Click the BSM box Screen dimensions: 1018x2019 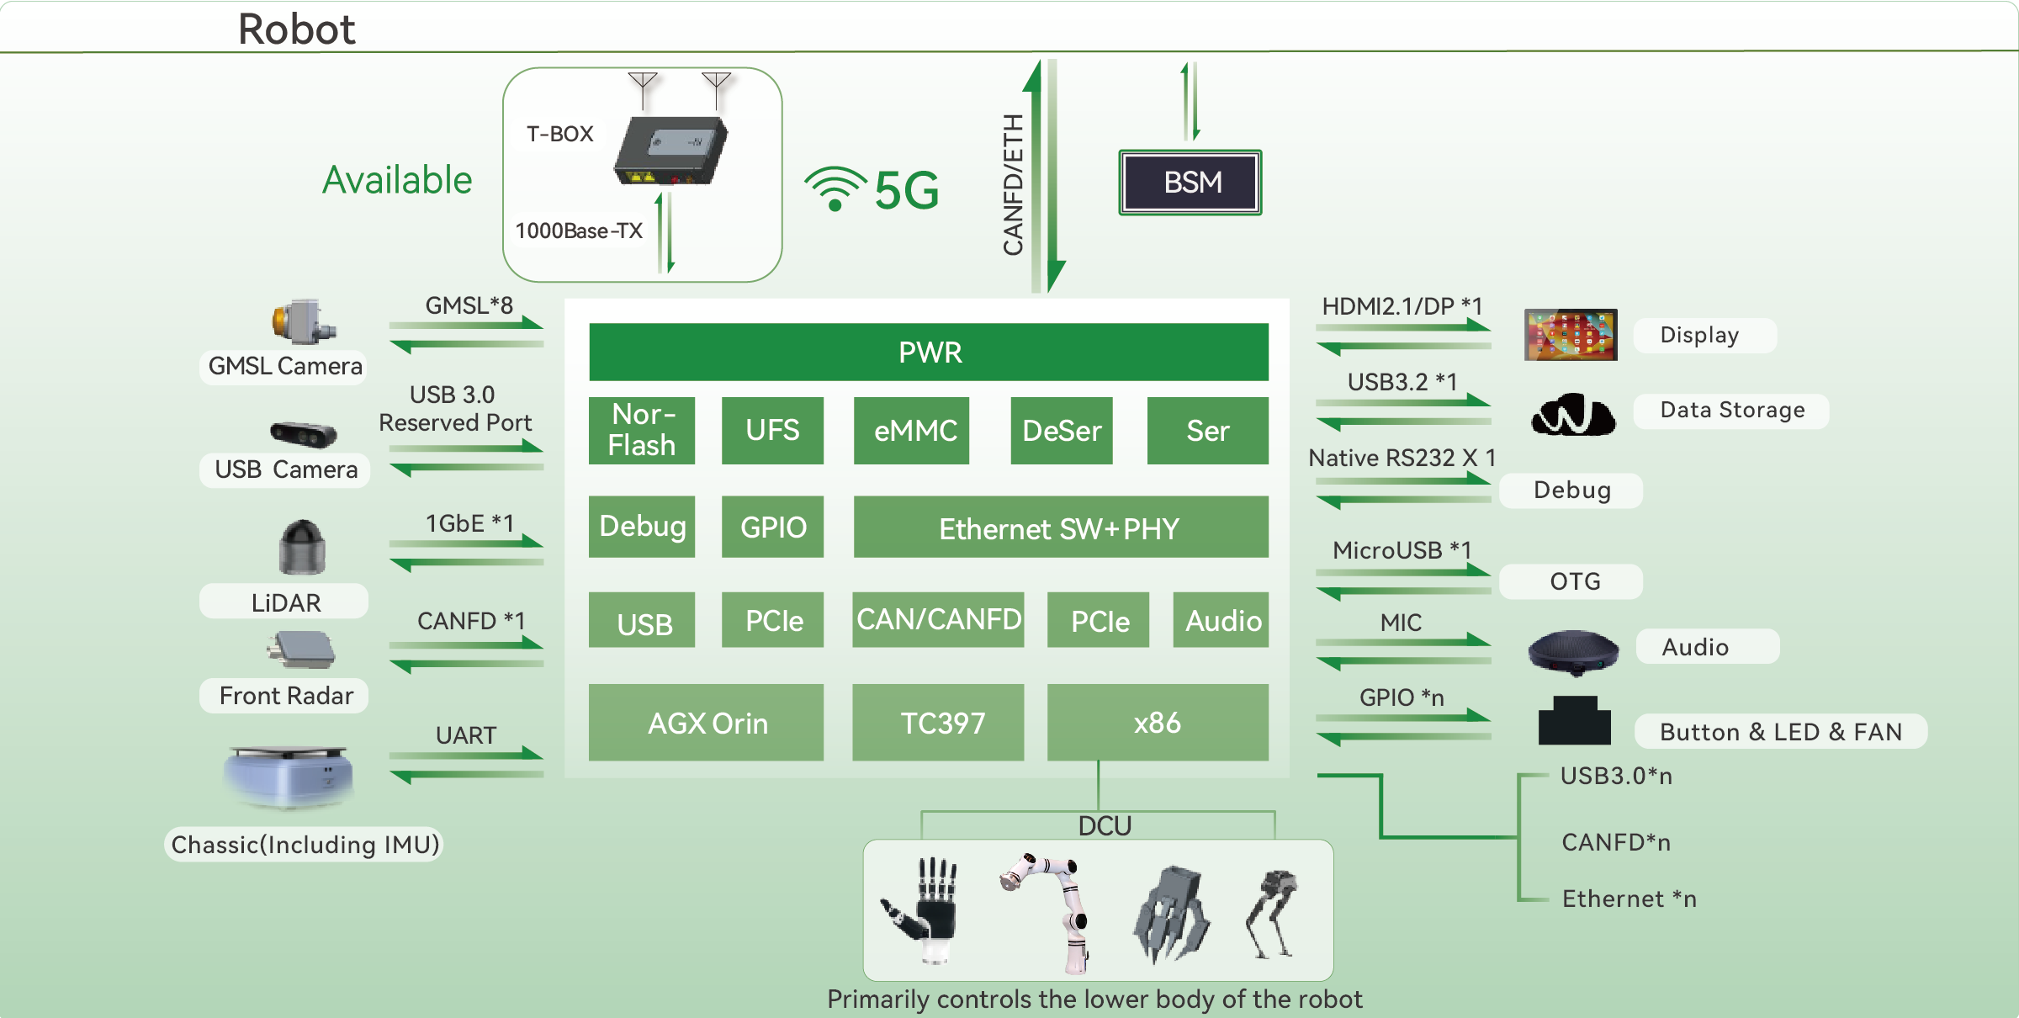pyautogui.click(x=1190, y=183)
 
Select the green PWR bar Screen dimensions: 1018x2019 pyautogui.click(x=929, y=352)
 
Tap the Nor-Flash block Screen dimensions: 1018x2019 pyautogui.click(x=642, y=430)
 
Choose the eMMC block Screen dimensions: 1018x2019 pyautogui.click(x=914, y=431)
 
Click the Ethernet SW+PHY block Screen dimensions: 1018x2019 pyautogui.click(x=1060, y=528)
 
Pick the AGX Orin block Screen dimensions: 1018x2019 pyautogui.click(x=707, y=723)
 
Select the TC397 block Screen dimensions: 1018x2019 pyautogui.click(x=939, y=723)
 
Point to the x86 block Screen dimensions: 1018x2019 pyautogui.click(x=1158, y=723)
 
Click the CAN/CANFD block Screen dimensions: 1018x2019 pyautogui.click(x=939, y=620)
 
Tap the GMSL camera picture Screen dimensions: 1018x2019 pyautogui.click(x=304, y=321)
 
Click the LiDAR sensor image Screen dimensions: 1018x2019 pyautogui.click(x=302, y=547)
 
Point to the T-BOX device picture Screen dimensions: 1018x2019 pyautogui.click(x=670, y=151)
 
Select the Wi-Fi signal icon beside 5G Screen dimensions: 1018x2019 pyautogui.click(x=835, y=188)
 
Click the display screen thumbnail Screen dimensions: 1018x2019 pyautogui.click(x=1571, y=335)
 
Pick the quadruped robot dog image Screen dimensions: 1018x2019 pyautogui.click(x=1273, y=914)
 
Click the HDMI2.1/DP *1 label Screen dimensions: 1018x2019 pyautogui.click(x=1402, y=306)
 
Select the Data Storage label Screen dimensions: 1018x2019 pyautogui.click(x=1732, y=411)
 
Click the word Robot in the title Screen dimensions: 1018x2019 pyautogui.click(x=296, y=29)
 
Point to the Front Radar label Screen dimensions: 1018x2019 pyautogui.click(x=286, y=696)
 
